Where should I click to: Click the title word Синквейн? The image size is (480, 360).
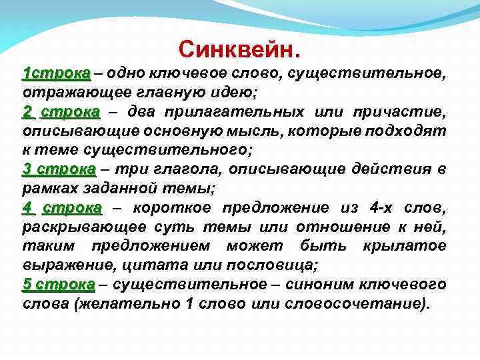pos(239,49)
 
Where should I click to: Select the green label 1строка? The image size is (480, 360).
pos(56,72)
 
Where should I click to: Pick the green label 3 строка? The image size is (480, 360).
pos(59,169)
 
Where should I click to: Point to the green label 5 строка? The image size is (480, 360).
pos(59,285)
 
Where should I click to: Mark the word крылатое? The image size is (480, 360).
pos(404,246)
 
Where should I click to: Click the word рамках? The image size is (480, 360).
pos(47,188)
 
